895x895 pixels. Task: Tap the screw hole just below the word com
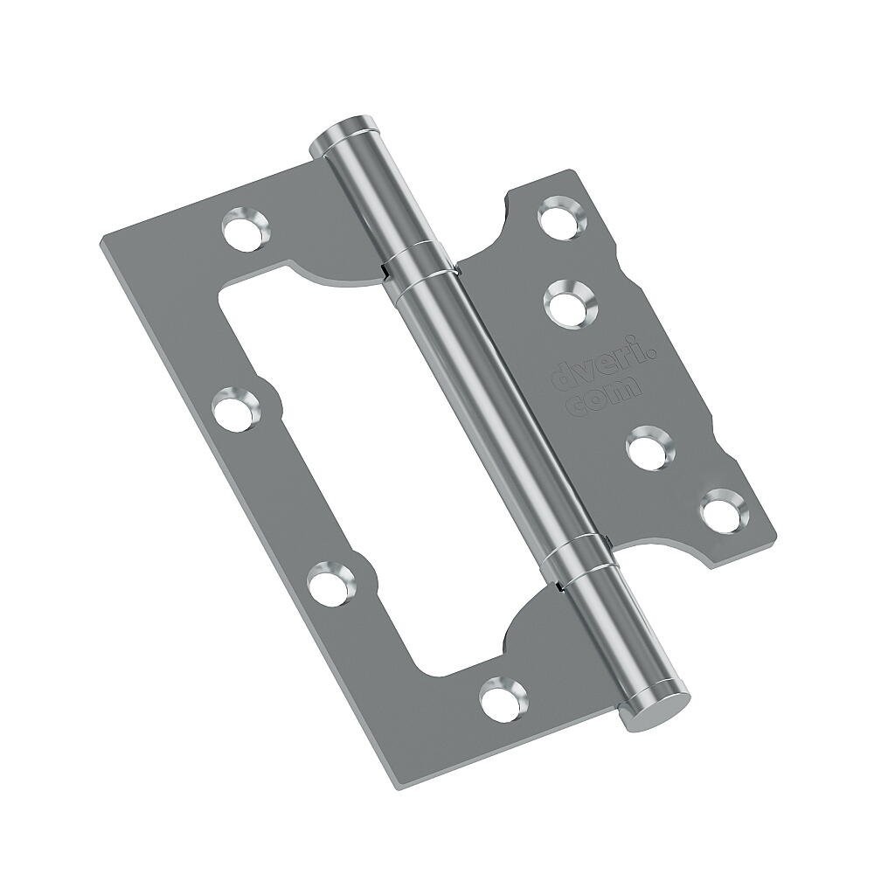click(x=649, y=447)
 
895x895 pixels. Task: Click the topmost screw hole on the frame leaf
click(x=244, y=230)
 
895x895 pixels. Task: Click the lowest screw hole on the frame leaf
click(x=503, y=697)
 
